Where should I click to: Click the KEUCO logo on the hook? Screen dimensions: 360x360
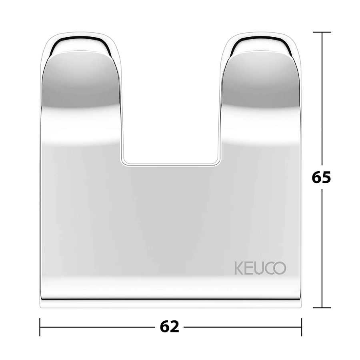click(x=260, y=268)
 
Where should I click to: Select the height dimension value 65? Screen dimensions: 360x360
click(x=322, y=177)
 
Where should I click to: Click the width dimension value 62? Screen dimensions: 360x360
click(x=170, y=327)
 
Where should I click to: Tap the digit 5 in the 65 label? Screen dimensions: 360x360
click(x=326, y=177)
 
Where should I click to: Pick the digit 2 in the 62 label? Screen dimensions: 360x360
click(x=174, y=327)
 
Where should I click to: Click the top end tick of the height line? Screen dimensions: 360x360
click(x=322, y=32)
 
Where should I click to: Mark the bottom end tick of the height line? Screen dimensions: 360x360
click(x=322, y=308)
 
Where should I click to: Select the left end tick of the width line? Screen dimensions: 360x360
click(x=40, y=327)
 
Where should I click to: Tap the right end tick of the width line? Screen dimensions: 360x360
click(x=301, y=327)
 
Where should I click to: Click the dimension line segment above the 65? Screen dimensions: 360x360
click(x=322, y=100)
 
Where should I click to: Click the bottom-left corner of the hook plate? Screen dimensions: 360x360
click(x=42, y=306)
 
